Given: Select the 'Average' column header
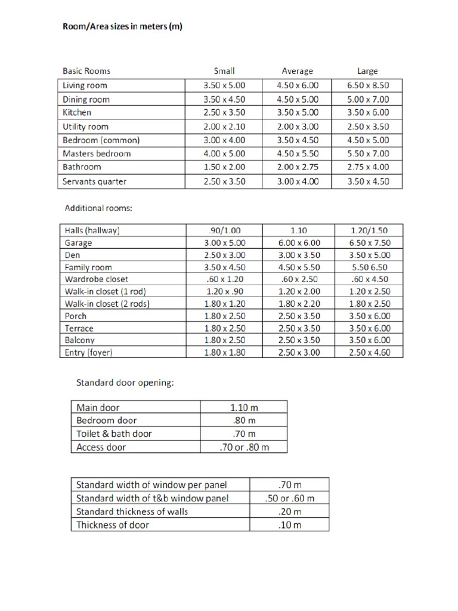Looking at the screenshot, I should click(x=298, y=71).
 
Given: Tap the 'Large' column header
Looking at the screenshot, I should click(x=368, y=71).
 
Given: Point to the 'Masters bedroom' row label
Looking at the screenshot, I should click(x=97, y=154).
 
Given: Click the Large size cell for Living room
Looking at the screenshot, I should click(x=368, y=85).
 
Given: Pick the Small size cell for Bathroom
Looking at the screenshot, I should click(x=224, y=168).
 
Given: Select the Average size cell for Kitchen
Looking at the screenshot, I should click(x=298, y=112).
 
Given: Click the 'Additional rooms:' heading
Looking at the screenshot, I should click(x=98, y=209).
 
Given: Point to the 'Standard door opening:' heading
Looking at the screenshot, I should click(x=125, y=382).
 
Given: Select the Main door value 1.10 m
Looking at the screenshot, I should click(x=244, y=408).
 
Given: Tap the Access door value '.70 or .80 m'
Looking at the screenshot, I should click(x=244, y=447).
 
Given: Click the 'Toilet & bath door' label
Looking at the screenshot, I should click(x=114, y=434).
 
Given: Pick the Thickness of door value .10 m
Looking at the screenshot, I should click(x=290, y=525).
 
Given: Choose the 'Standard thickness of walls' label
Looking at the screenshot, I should click(x=132, y=512).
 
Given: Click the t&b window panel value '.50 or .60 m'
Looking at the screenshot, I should click(x=290, y=498).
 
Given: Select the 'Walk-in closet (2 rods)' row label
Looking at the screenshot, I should click(x=106, y=304).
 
